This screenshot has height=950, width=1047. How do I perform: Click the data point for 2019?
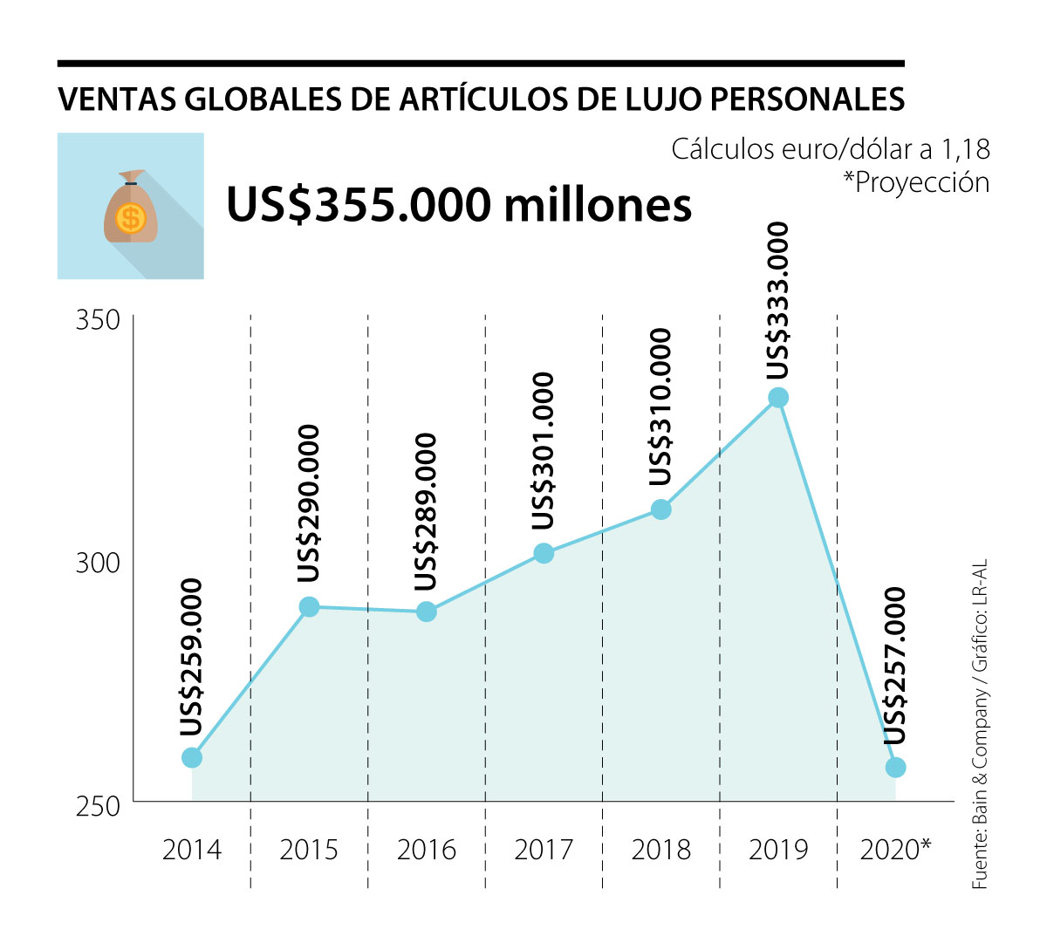click(778, 398)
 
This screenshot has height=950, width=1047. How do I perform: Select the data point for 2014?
click(192, 757)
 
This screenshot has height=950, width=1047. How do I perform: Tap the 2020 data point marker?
click(895, 768)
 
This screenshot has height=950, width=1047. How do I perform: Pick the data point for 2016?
click(427, 612)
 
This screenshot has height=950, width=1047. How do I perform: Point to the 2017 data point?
click(544, 553)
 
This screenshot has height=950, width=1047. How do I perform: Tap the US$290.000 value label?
click(309, 504)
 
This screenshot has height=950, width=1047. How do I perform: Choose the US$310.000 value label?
click(661, 407)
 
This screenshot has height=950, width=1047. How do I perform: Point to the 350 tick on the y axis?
click(98, 319)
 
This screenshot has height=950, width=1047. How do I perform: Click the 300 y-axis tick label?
click(98, 563)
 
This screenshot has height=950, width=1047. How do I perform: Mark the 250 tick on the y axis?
click(98, 806)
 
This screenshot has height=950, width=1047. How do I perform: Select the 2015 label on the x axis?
click(309, 849)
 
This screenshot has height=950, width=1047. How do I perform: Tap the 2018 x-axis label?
click(661, 849)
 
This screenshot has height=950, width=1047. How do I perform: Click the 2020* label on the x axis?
click(895, 849)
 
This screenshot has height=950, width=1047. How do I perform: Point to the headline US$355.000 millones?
click(459, 205)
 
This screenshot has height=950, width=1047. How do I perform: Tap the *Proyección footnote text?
click(916, 182)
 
